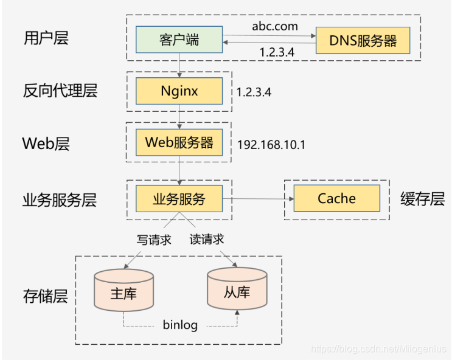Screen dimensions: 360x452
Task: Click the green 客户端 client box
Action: point(179,40)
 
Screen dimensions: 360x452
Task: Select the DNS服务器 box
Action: point(363,41)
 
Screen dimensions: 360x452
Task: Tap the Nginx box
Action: point(179,91)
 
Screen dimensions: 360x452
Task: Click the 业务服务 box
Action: point(179,198)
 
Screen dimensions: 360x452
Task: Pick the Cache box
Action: point(336,198)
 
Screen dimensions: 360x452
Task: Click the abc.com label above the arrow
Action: point(275,26)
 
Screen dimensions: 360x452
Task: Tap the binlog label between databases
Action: point(180,325)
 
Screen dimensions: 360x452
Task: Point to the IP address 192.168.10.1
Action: point(271,145)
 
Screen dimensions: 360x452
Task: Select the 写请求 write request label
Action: point(154,240)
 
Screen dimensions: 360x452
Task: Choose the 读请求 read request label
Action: point(207,239)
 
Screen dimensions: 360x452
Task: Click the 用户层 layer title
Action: point(46,38)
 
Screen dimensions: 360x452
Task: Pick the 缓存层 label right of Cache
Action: point(422,199)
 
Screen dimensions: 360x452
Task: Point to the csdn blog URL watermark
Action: point(378,349)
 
